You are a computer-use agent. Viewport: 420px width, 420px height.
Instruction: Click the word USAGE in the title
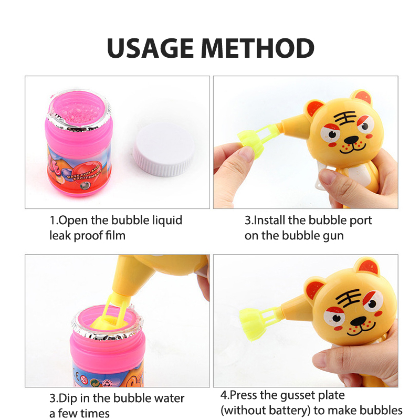[150, 48]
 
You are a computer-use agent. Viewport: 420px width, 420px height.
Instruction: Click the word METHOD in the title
[257, 48]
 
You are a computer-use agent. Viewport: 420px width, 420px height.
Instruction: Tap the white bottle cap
[163, 150]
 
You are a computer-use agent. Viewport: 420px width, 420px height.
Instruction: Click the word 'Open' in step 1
[73, 220]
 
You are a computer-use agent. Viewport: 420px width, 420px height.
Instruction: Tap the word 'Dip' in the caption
[68, 398]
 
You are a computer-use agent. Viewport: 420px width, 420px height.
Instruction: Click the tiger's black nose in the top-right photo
[351, 139]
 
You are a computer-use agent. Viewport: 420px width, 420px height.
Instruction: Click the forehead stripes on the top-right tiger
[345, 118]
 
